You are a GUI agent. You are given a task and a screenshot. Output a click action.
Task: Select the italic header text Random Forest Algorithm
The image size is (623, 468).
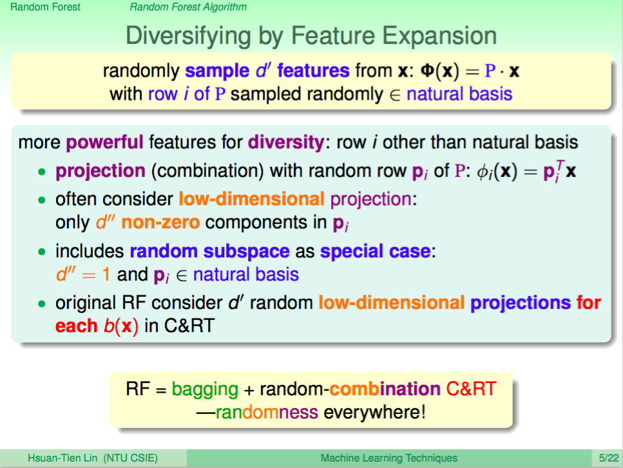point(188,7)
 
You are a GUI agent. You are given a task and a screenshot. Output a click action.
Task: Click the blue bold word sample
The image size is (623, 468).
point(217,71)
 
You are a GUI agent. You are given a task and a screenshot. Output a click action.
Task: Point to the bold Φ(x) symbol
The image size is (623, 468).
point(439,71)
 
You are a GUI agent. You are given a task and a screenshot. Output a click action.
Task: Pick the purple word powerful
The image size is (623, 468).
point(104,142)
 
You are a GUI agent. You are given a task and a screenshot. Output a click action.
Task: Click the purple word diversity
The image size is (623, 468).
point(286,142)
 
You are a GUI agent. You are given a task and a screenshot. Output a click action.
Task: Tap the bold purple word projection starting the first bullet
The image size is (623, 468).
point(101,171)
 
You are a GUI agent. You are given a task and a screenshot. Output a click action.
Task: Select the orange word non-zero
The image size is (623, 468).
point(160,222)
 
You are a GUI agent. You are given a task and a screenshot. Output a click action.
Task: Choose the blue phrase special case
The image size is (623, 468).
point(376,251)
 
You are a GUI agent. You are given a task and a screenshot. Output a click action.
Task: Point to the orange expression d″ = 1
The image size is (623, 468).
point(83,274)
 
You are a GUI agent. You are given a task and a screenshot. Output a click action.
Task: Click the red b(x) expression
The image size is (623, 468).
point(120,326)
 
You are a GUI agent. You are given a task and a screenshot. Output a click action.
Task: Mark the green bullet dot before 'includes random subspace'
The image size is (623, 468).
point(42,252)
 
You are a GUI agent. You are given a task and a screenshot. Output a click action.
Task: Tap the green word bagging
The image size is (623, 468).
point(205,389)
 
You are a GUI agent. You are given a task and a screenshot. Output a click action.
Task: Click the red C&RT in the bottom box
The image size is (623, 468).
point(471,389)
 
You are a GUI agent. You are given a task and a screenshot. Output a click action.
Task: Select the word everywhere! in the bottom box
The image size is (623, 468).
point(375,413)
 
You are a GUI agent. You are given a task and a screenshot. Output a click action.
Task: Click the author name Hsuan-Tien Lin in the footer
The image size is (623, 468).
point(62,458)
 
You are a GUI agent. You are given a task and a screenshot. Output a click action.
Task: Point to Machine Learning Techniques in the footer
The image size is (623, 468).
point(389,458)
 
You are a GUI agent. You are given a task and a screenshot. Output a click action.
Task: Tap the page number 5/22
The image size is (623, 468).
point(609,458)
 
